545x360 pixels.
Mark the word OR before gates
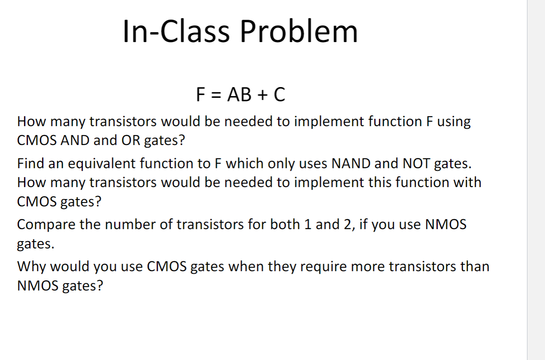coord(131,140)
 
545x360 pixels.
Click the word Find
coord(31,163)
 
